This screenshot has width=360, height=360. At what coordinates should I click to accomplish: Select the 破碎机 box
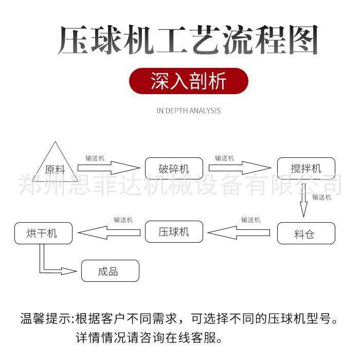click(x=174, y=169)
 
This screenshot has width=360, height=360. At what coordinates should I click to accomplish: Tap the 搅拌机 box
click(x=306, y=169)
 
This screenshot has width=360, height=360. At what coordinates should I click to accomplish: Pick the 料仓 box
click(x=306, y=233)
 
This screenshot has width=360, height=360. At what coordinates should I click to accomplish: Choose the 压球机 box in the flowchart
click(x=174, y=232)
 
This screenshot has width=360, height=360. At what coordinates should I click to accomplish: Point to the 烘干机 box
click(x=43, y=233)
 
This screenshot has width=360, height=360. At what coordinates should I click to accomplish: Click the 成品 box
click(x=110, y=271)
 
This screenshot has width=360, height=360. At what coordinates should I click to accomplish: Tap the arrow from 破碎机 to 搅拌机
click(x=240, y=168)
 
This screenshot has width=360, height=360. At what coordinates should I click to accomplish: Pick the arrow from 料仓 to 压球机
click(x=239, y=232)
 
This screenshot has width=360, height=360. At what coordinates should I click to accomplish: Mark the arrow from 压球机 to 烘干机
click(x=109, y=232)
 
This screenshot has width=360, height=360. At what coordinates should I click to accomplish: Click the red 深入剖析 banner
click(x=188, y=81)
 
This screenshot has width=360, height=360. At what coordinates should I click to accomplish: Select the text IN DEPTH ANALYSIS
click(x=188, y=111)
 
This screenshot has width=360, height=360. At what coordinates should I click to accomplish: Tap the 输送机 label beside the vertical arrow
click(x=321, y=197)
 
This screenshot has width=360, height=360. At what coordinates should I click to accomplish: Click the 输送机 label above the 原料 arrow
click(x=95, y=158)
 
